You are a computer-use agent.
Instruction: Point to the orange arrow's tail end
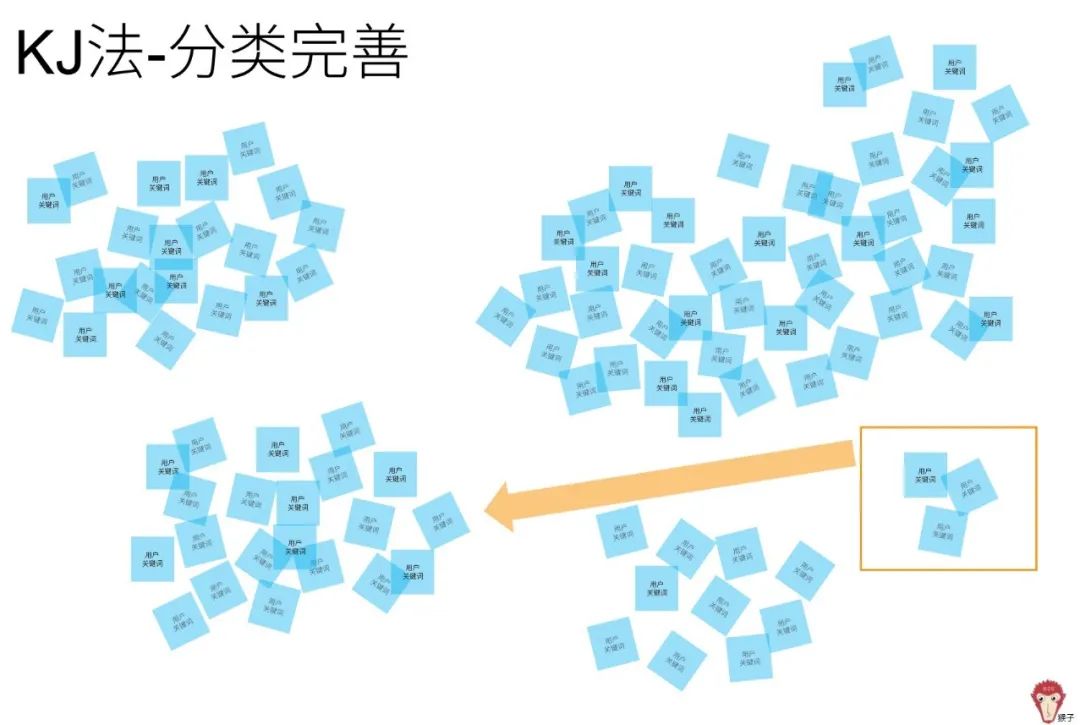[x=852, y=454]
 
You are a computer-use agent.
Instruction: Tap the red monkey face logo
[x=1047, y=696]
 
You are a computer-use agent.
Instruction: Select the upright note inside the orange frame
[x=925, y=474]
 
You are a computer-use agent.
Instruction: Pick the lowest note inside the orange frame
[x=943, y=531]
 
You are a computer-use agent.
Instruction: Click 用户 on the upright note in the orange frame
[x=925, y=469]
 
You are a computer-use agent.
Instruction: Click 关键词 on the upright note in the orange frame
[x=925, y=479]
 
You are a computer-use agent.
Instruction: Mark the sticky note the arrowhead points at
[x=440, y=520]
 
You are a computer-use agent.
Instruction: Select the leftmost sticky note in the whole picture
[x=37, y=315]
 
